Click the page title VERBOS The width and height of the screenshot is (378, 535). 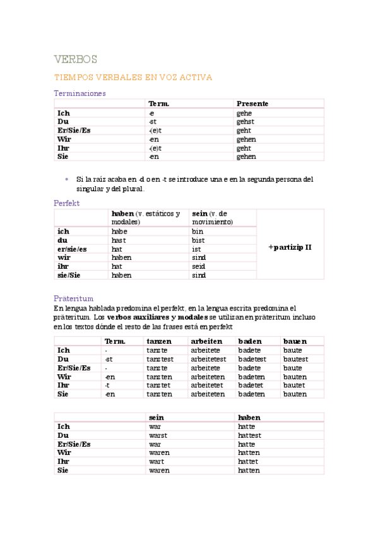tap(76, 59)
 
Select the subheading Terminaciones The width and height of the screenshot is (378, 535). tap(80, 93)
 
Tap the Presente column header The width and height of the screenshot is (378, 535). tap(252, 103)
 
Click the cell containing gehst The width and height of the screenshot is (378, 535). tap(246, 121)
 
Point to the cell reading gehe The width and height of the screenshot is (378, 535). tap(244, 113)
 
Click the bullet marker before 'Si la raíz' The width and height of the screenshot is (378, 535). tap(66, 179)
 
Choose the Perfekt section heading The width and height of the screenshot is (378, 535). tap(67, 203)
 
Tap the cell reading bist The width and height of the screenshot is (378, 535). tap(198, 240)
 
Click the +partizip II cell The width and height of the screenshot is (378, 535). tap(290, 247)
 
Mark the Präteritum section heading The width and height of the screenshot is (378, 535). tap(74, 298)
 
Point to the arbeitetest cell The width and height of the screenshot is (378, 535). tap(208, 359)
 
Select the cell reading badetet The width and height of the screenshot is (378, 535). tap(251, 385)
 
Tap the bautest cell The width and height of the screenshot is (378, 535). tap(295, 359)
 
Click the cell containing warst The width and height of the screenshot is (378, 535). tap(158, 435)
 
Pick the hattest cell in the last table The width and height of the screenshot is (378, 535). tap(249, 435)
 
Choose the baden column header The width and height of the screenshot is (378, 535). tap(250, 341)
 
